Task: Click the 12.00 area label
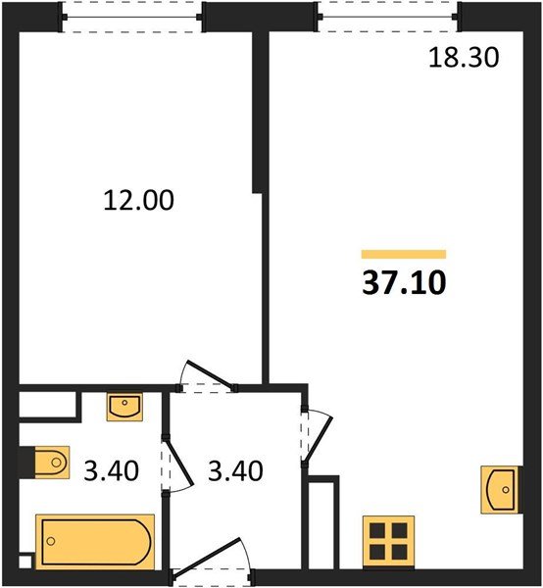click(x=138, y=201)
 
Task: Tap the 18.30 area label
click(x=464, y=58)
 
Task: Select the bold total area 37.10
click(x=404, y=282)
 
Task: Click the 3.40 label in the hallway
click(x=235, y=470)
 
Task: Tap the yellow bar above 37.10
click(x=403, y=254)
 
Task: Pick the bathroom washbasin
click(x=124, y=405)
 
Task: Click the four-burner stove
click(x=386, y=541)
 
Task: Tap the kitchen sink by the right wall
click(x=499, y=489)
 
